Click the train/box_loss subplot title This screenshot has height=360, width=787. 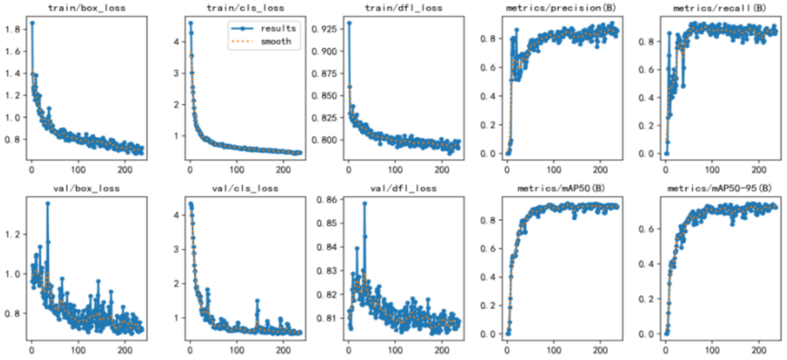(x=87, y=8)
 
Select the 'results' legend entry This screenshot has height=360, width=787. (x=278, y=29)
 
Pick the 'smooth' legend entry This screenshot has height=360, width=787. (x=276, y=41)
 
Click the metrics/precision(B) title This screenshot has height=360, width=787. (x=561, y=8)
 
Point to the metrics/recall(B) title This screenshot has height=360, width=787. (x=720, y=8)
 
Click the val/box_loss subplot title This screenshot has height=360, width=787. (x=87, y=188)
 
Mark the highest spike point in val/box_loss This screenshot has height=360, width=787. (x=48, y=203)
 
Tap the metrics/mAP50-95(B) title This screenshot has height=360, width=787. (x=720, y=188)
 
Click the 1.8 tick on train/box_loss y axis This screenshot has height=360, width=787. (x=12, y=29)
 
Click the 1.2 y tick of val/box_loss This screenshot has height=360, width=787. (x=12, y=234)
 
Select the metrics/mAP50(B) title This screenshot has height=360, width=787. (x=561, y=188)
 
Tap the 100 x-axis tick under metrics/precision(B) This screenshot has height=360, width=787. (x=554, y=170)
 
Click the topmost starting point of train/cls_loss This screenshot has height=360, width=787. (x=190, y=23)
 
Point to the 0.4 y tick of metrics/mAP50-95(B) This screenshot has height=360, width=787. (x=646, y=264)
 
